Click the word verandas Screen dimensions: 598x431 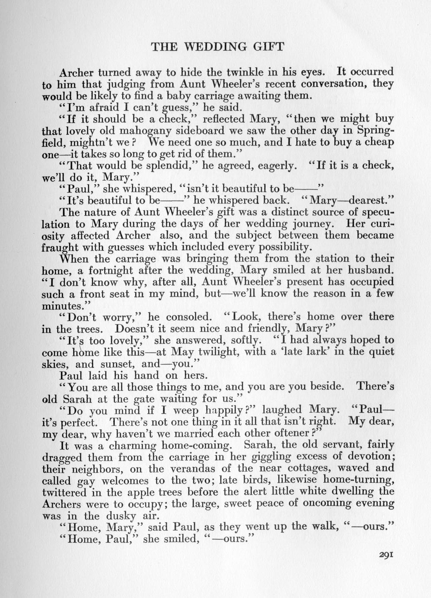(209, 468)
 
